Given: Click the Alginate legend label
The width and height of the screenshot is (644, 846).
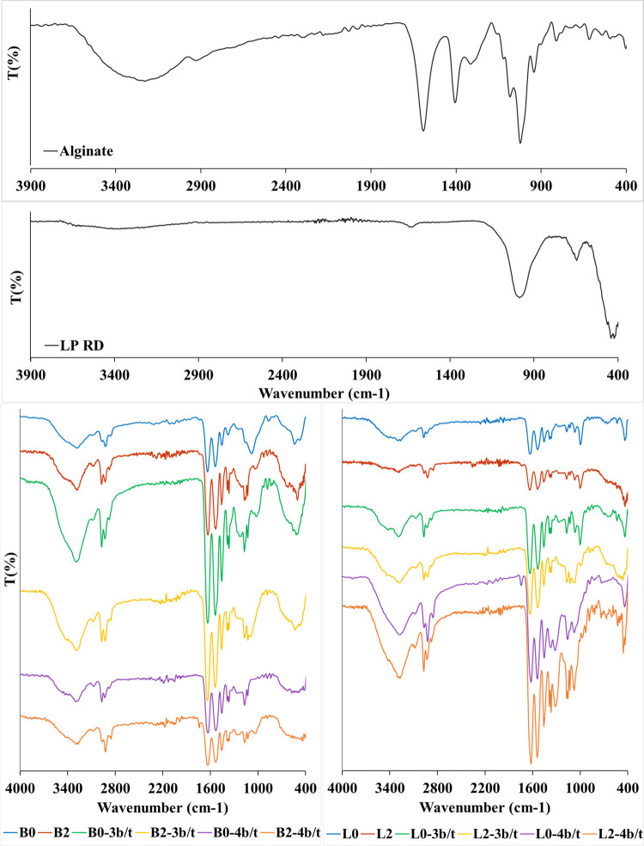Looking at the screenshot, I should point(86,151).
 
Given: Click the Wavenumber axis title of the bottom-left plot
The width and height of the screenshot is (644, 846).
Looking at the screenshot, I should point(162,808).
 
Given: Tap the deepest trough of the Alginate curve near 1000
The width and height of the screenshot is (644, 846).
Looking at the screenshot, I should point(520,143).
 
